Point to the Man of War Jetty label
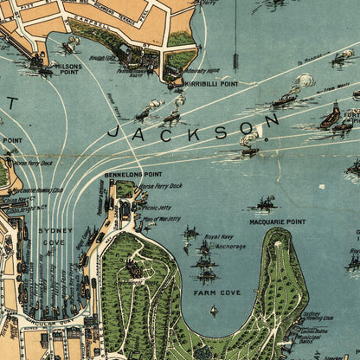(160, 220)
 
